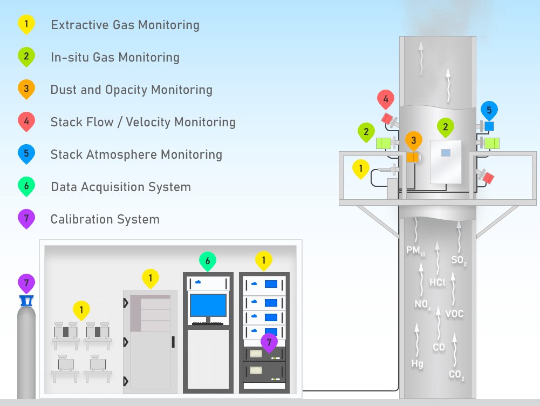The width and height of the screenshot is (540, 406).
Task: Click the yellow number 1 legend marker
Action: click(x=26, y=24)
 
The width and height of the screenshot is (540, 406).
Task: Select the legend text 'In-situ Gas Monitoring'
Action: click(x=115, y=57)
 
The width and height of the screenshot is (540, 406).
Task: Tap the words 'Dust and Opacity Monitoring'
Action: click(x=131, y=90)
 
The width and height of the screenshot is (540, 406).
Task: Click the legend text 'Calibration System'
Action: click(x=105, y=219)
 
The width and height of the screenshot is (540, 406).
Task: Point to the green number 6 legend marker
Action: click(x=26, y=186)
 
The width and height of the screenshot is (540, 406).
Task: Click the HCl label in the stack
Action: click(x=438, y=282)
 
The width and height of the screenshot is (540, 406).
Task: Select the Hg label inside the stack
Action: click(x=417, y=363)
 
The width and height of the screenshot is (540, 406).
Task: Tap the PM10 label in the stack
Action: click(x=416, y=251)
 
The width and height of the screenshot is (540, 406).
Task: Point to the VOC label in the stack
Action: click(x=454, y=314)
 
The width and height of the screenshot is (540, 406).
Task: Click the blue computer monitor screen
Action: click(x=208, y=305)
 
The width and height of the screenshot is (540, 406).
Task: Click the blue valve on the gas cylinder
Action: click(x=26, y=301)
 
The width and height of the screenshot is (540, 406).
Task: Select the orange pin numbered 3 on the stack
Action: click(x=414, y=141)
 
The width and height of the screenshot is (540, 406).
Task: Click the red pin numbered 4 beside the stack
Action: click(x=386, y=99)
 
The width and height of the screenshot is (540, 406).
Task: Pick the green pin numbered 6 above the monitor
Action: click(x=208, y=261)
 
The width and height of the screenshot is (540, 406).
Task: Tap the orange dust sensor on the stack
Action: click(x=413, y=157)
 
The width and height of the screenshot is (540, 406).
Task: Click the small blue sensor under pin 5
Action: click(x=489, y=126)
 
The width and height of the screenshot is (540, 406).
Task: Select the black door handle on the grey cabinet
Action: click(x=173, y=342)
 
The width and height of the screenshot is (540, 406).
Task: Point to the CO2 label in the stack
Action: click(x=457, y=375)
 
